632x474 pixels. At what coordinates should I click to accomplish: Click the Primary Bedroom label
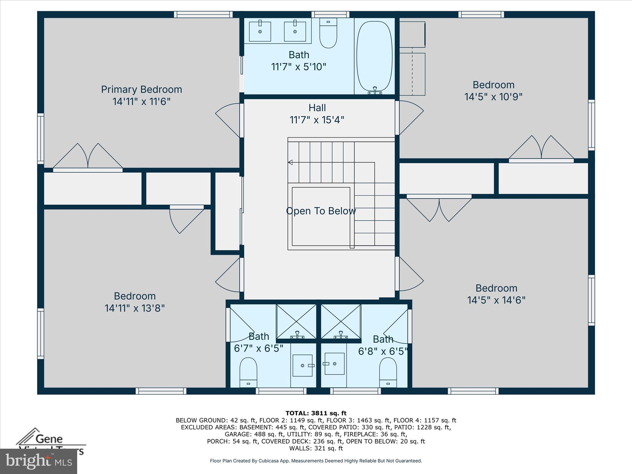click(142, 89)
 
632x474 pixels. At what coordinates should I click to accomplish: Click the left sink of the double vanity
click(260, 31)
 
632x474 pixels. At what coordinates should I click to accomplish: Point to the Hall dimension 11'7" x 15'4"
click(317, 120)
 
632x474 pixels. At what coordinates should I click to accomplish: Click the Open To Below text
click(321, 211)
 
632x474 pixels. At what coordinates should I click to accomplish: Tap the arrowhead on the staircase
click(290, 162)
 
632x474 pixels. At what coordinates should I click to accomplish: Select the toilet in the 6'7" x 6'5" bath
click(248, 372)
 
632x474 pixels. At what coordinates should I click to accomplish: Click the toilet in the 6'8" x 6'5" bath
click(388, 372)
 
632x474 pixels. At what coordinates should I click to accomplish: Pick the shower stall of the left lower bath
click(296, 322)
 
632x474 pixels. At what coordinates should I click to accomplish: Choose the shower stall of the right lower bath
click(341, 322)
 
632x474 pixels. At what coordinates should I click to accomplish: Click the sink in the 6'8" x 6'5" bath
click(334, 364)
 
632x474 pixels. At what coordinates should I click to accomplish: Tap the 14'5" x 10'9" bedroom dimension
click(493, 97)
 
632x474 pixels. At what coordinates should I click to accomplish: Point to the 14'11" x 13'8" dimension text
click(135, 308)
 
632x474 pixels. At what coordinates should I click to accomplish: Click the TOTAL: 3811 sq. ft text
click(316, 413)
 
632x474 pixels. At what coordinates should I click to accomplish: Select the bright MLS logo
click(39, 461)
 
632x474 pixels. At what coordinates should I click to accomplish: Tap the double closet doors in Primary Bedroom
click(88, 157)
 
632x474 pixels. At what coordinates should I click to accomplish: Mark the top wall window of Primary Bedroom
click(203, 15)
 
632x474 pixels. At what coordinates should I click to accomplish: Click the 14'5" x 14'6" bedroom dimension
click(496, 300)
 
